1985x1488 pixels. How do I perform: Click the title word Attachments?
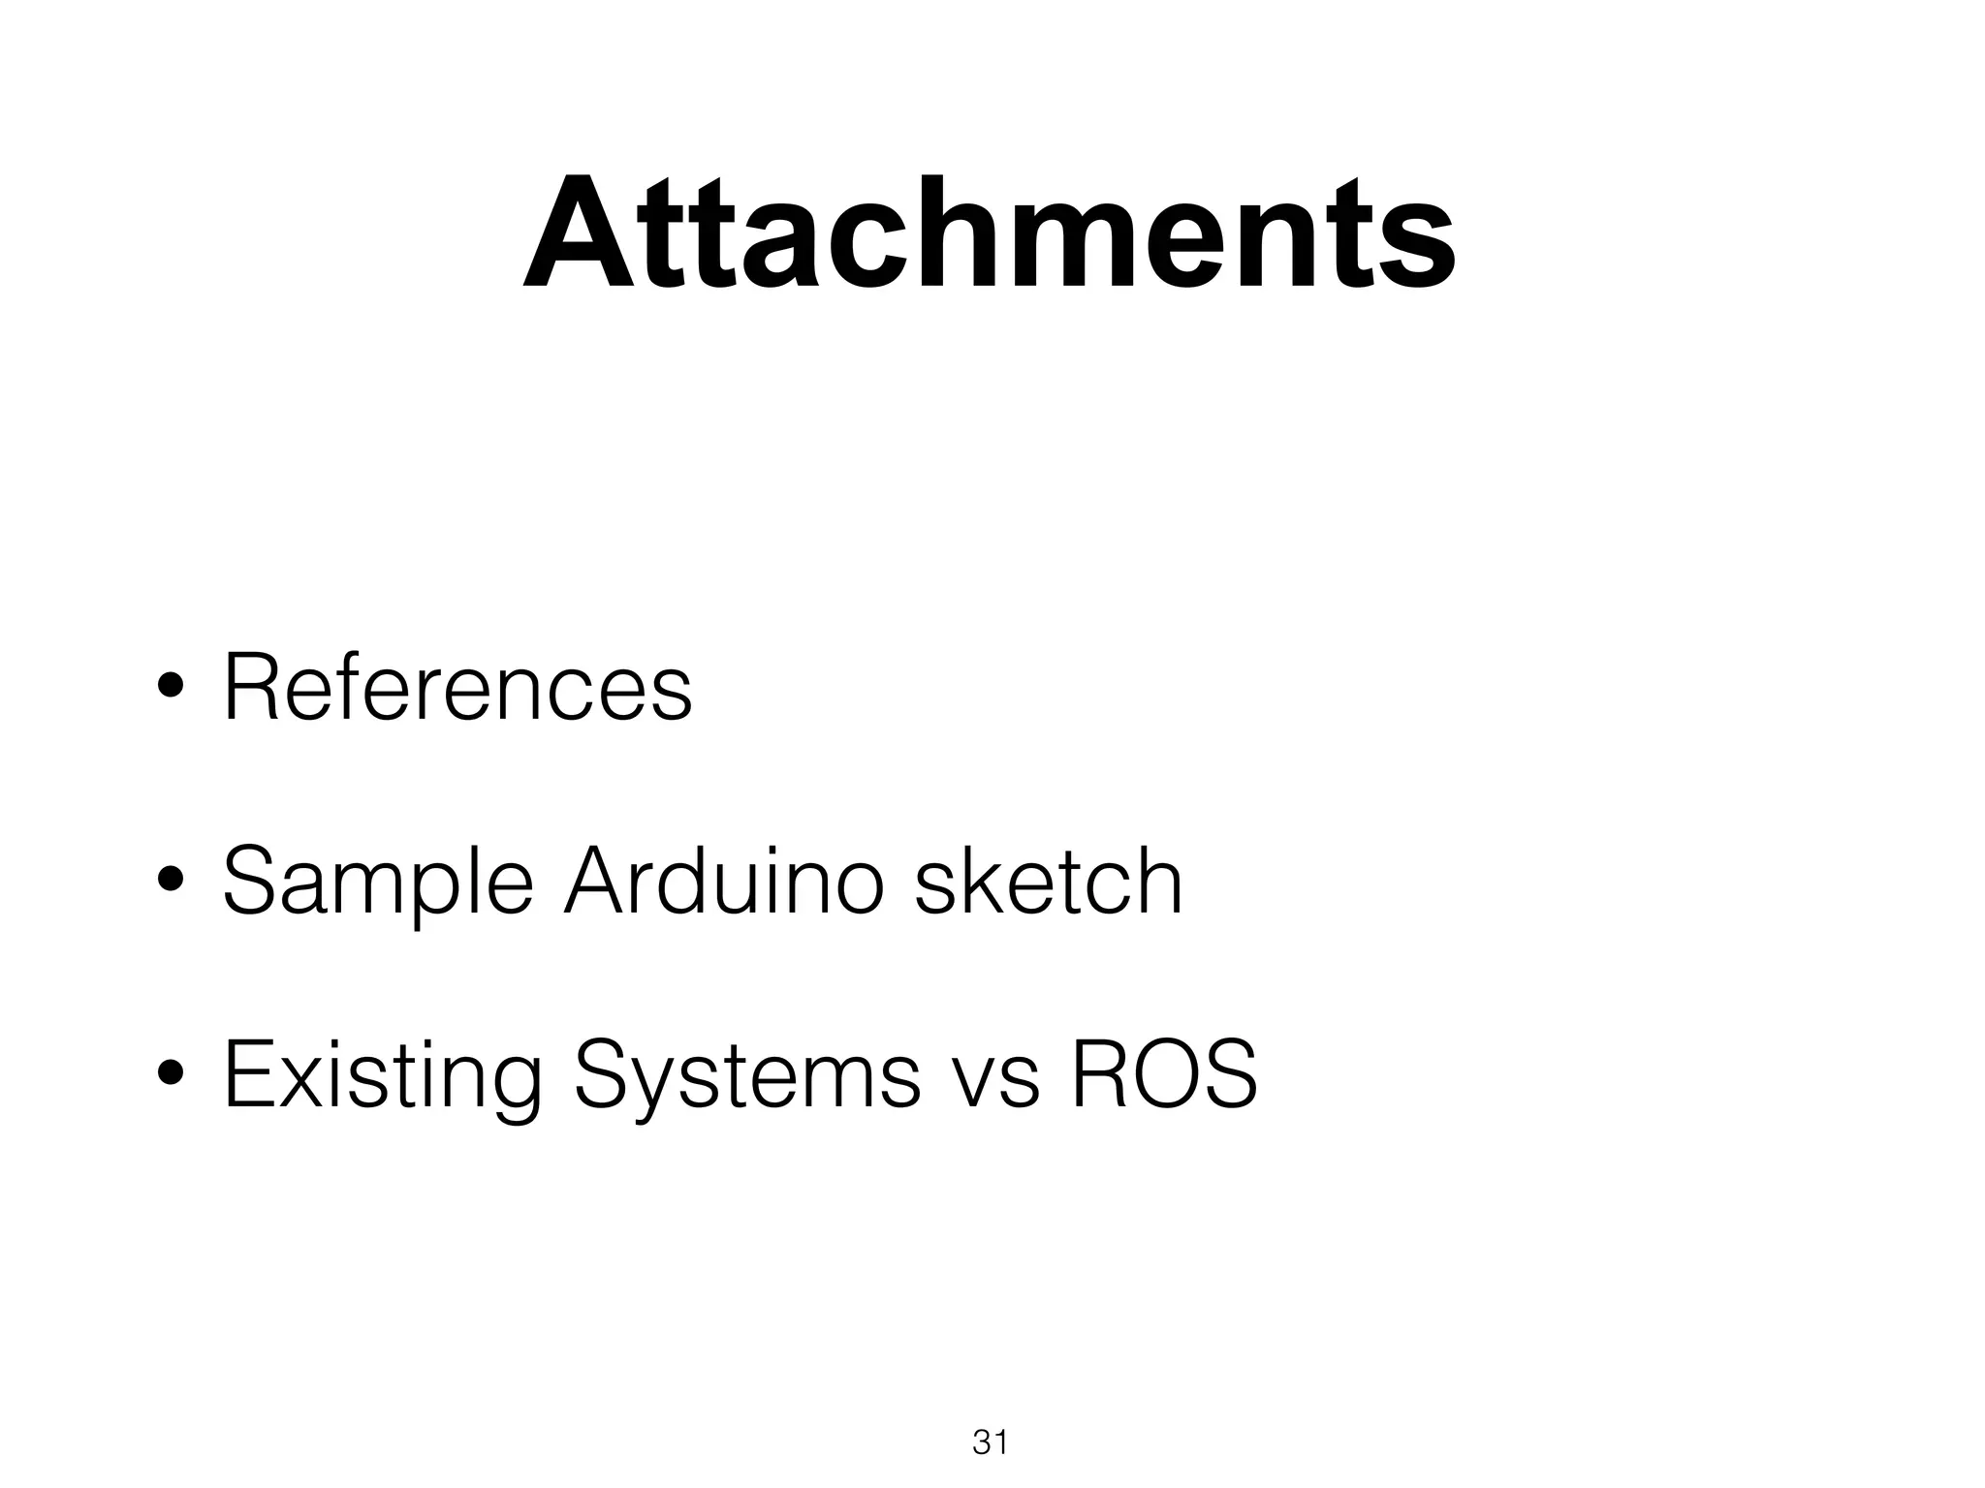tap(989, 232)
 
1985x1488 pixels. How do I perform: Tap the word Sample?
tap(378, 882)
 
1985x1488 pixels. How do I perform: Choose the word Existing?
tap(382, 1075)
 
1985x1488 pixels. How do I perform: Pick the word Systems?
tap(746, 1075)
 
